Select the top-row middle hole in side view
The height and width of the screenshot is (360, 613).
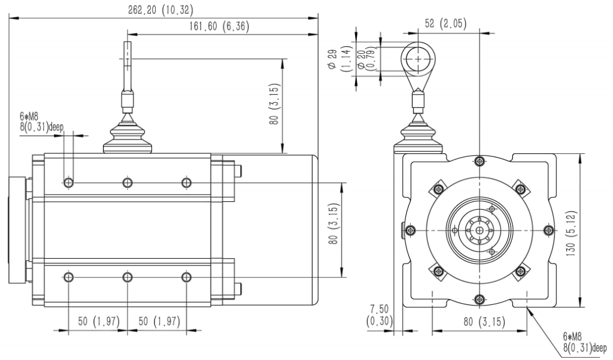click(x=128, y=182)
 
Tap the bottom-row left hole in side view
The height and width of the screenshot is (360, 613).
click(x=69, y=277)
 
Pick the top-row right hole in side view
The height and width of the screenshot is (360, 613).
click(x=186, y=182)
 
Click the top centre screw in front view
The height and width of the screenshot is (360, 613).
click(x=479, y=161)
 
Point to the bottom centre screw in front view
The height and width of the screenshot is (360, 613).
click(x=479, y=299)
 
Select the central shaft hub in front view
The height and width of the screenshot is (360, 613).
click(x=479, y=230)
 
